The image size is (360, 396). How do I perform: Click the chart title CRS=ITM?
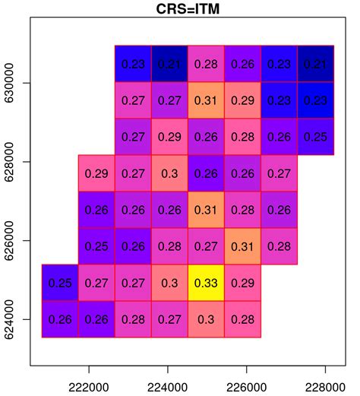click(180, 9)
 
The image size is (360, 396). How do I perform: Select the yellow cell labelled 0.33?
click(207, 283)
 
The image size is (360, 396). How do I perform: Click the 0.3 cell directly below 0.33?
click(207, 319)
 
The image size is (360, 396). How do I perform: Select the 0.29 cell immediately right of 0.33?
click(243, 283)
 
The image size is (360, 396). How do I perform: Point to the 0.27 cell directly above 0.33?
click(207, 246)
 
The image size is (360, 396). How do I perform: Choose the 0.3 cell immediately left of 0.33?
click(170, 283)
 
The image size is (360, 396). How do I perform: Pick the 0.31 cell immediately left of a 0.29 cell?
click(207, 100)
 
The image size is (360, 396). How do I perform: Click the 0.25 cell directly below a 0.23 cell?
click(316, 137)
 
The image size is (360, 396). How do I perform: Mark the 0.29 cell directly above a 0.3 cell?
click(170, 137)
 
